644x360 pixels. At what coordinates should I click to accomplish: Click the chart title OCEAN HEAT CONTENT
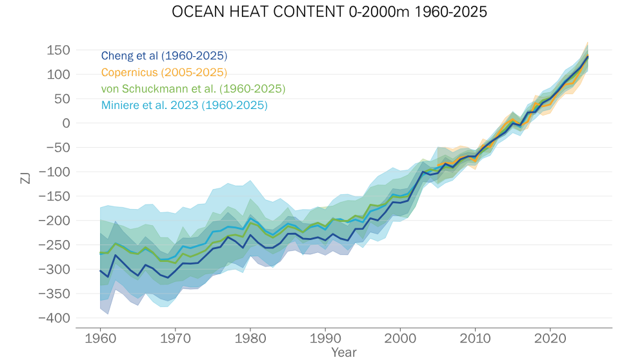pos(321,12)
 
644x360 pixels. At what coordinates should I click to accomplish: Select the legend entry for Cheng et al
pos(164,55)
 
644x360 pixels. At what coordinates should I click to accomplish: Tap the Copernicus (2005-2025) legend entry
pos(164,72)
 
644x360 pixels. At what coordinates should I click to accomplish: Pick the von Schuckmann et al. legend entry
pos(193,88)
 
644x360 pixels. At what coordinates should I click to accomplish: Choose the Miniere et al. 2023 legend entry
pos(184,105)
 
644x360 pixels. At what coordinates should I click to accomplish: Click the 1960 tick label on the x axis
pos(99,339)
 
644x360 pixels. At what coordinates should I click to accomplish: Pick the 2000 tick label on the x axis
pos(400,339)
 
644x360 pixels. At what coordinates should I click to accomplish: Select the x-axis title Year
pos(343,352)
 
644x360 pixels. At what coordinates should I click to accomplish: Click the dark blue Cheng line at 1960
pos(100,270)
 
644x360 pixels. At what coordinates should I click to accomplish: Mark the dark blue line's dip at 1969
pos(168,278)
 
